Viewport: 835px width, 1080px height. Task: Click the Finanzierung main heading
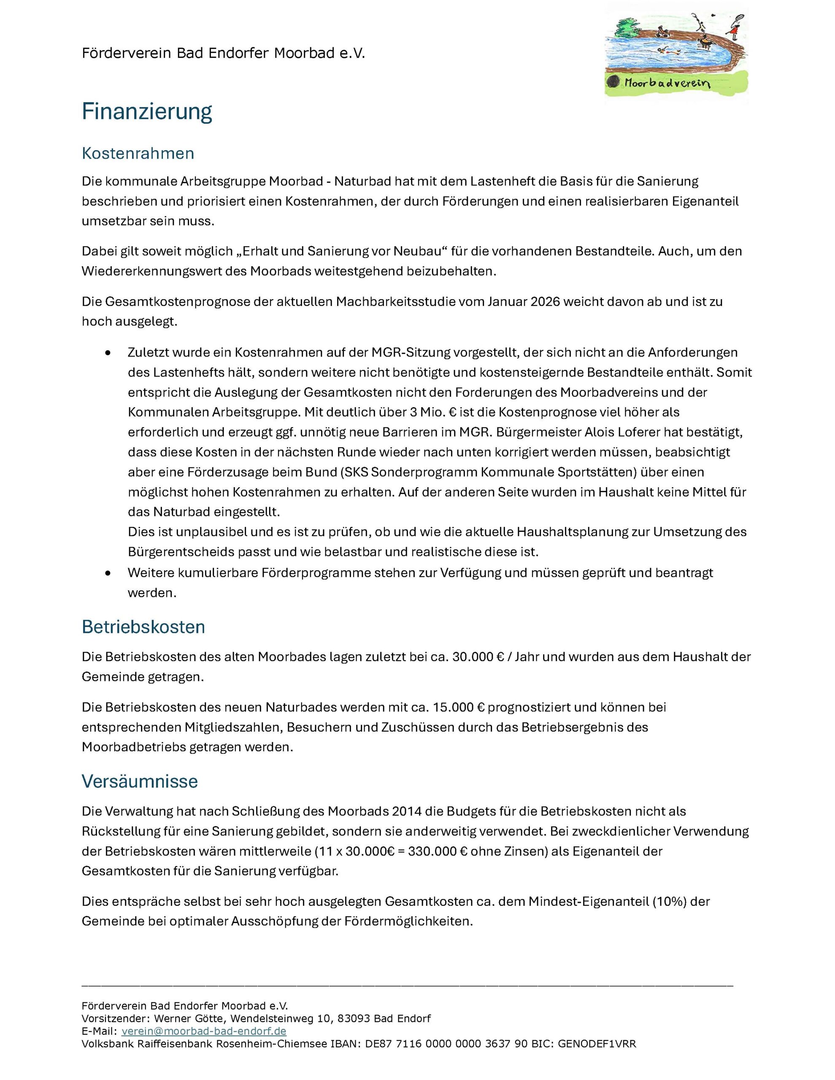tap(146, 112)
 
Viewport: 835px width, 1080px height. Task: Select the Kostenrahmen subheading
tap(138, 153)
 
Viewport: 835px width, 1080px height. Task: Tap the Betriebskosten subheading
tap(143, 626)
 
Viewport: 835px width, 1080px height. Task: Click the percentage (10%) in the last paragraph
tap(669, 902)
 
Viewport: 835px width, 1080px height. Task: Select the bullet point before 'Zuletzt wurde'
tap(108, 353)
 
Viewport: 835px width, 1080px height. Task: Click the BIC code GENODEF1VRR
tap(597, 1044)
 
